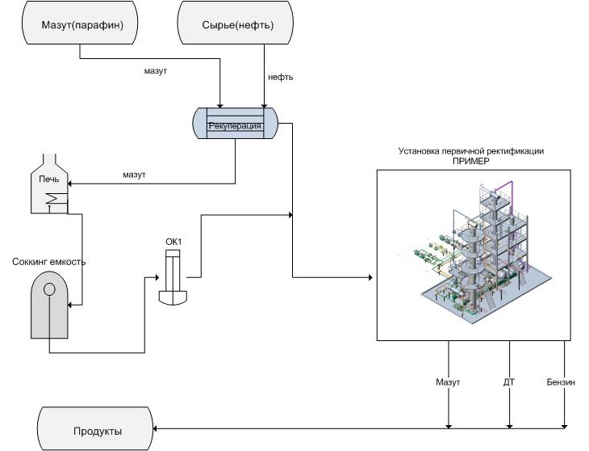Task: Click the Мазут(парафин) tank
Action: tap(80, 25)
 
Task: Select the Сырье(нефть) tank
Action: tap(237, 25)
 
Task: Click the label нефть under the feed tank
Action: tap(280, 78)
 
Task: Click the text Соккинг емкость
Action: tap(49, 261)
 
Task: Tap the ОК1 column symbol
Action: tap(174, 278)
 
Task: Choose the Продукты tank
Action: tap(95, 430)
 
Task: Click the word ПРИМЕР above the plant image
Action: tap(471, 161)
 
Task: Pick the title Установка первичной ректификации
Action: tap(471, 151)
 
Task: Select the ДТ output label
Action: tap(509, 381)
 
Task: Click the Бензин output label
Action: tap(560, 381)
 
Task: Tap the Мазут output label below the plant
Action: tap(448, 381)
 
